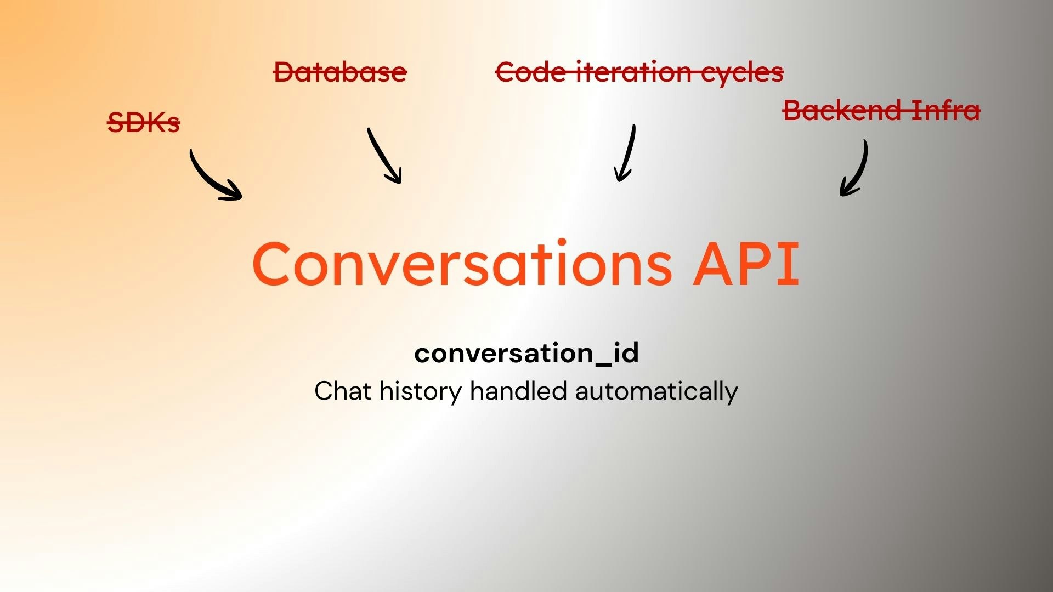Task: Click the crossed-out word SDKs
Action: click(144, 122)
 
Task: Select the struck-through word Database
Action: click(340, 72)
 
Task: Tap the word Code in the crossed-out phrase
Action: click(530, 72)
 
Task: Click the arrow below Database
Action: click(385, 156)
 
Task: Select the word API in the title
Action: click(746, 264)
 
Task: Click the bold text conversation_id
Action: click(526, 353)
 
